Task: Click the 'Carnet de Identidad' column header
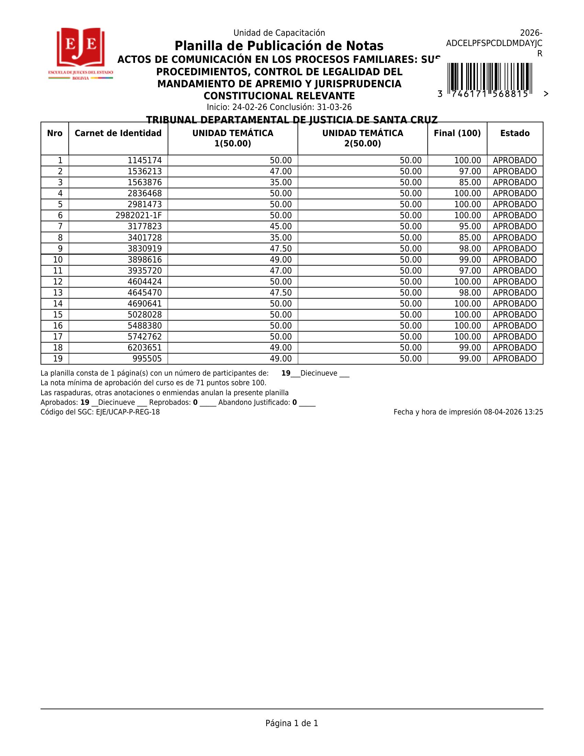point(118,133)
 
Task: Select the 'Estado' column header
point(515,133)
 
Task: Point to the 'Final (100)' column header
point(457,133)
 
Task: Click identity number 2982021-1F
point(138,215)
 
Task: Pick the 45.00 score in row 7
point(281,226)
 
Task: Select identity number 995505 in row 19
point(147,359)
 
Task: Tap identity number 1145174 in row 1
point(145,160)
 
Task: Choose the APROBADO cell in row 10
point(515,259)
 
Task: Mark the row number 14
point(58,303)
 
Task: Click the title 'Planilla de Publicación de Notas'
point(279,46)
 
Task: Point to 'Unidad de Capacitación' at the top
point(279,33)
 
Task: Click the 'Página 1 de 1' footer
point(292,723)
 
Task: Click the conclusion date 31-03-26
point(334,107)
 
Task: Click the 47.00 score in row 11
point(281,271)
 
